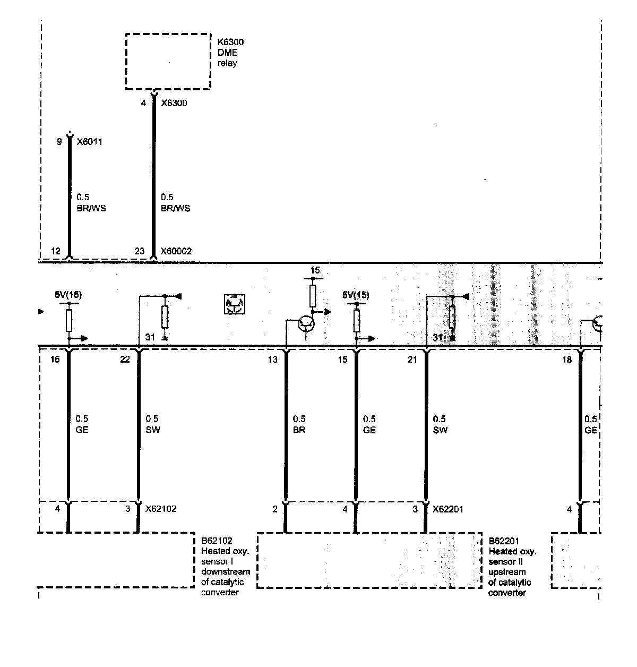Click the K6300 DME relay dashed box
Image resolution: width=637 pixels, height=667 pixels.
tap(168, 61)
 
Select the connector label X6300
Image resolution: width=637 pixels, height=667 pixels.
tap(174, 103)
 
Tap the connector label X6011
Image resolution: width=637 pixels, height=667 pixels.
tap(90, 142)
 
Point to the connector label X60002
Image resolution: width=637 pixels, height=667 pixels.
tap(176, 251)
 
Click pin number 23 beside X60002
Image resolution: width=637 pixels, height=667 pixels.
tap(139, 251)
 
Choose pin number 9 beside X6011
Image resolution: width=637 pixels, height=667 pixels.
tap(59, 142)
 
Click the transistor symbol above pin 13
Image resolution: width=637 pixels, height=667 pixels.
tap(306, 323)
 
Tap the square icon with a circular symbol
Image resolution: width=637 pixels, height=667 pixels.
tap(234, 305)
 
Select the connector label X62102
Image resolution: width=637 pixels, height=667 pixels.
tap(161, 509)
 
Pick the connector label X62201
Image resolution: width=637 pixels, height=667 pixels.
tap(448, 509)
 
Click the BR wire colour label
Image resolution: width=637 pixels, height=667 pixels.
tap(299, 430)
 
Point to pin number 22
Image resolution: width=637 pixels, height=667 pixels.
tap(125, 360)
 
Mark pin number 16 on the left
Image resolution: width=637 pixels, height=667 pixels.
tap(55, 360)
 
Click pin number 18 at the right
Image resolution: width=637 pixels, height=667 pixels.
tap(567, 360)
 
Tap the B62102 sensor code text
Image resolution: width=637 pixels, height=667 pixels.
tap(217, 541)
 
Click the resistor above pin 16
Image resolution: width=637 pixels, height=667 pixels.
tap(68, 320)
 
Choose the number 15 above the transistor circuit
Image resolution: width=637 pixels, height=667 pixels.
tap(315, 271)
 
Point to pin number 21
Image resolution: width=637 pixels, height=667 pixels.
tap(412, 360)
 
